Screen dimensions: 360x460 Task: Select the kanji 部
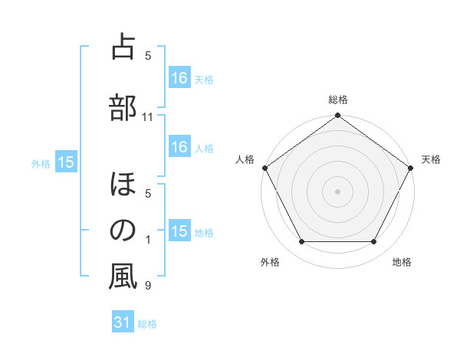[123, 106]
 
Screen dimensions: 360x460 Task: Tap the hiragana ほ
[123, 185]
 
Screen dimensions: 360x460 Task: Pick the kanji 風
[123, 277]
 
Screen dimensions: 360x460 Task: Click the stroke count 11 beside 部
[148, 117]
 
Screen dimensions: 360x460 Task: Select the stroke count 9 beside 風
[148, 286]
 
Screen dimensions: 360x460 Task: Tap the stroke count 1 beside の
[148, 240]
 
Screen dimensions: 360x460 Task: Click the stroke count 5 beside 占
[148, 55]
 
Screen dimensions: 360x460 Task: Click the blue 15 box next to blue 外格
[66, 162]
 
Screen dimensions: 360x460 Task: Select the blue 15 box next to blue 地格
[179, 232]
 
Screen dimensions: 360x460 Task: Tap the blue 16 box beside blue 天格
[179, 78]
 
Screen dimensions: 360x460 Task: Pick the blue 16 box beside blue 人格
[179, 148]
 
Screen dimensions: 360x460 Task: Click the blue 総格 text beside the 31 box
[147, 324]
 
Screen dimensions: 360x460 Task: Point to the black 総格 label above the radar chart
[338, 100]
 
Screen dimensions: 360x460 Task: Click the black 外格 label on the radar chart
[270, 263]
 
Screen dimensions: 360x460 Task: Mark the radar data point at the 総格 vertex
[338, 116]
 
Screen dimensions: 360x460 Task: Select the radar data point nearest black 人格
[264, 168]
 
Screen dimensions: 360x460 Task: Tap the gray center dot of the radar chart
[338, 191]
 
